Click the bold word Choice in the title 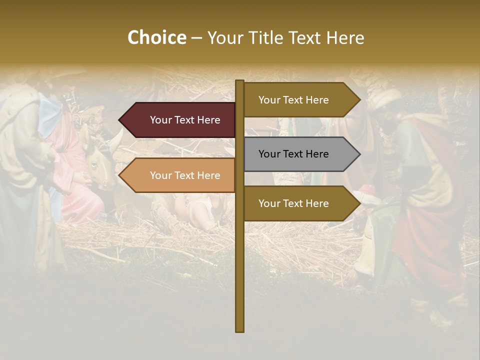[x=156, y=37]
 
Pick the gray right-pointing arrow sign [x=300, y=154]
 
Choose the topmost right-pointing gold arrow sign [x=300, y=100]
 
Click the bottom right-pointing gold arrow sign [x=300, y=203]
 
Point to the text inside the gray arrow [x=293, y=154]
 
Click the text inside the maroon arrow [x=185, y=120]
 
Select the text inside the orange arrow [x=185, y=175]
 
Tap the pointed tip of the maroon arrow [x=120, y=120]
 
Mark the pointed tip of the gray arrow [x=359, y=154]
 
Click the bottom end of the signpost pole [x=240, y=330]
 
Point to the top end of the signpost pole [x=240, y=81]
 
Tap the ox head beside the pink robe [x=102, y=160]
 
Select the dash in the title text [x=196, y=38]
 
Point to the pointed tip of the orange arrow [x=120, y=175]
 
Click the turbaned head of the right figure [x=387, y=105]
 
